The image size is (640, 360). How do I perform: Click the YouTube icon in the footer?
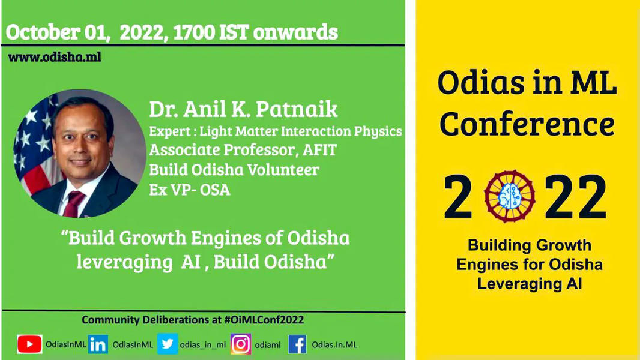[x=29, y=344]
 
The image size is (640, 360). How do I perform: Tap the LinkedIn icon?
[x=98, y=344]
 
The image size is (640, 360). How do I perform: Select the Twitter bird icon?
[x=168, y=344]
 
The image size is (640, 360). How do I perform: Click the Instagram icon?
[x=241, y=344]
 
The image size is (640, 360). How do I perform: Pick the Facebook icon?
[x=298, y=344]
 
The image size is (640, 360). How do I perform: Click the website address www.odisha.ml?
[x=55, y=57]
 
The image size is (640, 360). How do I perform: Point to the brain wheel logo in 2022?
[x=510, y=197]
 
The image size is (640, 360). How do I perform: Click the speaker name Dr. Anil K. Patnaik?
[x=243, y=109]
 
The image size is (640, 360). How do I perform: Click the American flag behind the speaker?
[x=35, y=143]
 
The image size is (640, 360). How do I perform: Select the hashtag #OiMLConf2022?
[x=264, y=320]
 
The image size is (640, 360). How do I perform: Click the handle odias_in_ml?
[x=203, y=345]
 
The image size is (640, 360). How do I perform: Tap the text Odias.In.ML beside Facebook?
[x=334, y=344]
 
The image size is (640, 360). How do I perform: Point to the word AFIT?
[x=319, y=150]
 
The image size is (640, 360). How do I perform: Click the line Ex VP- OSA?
[x=190, y=190]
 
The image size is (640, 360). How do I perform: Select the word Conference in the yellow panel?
[x=527, y=124]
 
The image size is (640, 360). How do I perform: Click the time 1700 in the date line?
[x=195, y=32]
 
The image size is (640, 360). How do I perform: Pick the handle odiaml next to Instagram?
[x=268, y=345]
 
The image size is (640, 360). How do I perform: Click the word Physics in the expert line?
[x=378, y=131]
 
